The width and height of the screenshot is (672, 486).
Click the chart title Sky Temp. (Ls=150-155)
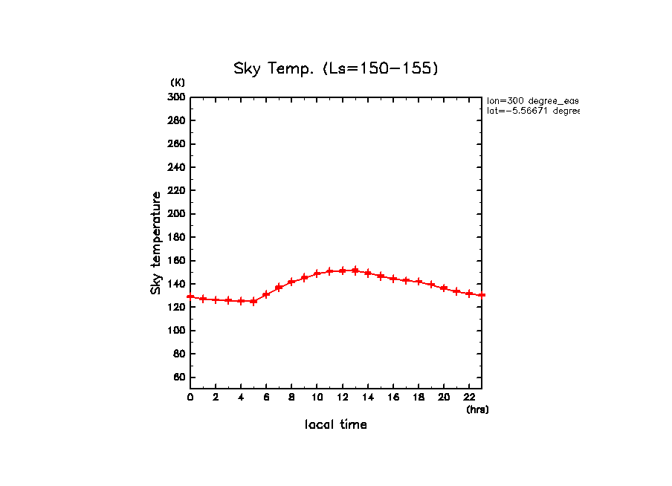click(x=336, y=69)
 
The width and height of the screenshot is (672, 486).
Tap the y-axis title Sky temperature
click(x=156, y=243)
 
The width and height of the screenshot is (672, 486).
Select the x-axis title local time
click(x=336, y=425)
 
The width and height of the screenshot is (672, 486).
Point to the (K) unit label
click(x=178, y=82)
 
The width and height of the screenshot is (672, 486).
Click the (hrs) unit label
click(x=477, y=409)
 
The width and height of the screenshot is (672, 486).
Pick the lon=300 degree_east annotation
click(x=532, y=100)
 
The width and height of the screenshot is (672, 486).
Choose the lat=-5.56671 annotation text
click(x=532, y=111)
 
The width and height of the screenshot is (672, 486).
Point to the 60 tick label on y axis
click(x=179, y=378)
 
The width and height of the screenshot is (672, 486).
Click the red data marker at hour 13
click(x=355, y=270)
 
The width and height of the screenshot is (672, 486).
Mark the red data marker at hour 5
click(x=253, y=301)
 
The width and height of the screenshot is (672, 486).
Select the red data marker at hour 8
click(x=291, y=282)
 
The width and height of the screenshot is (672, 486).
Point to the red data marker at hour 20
click(x=444, y=288)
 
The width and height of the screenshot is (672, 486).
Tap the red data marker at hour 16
click(x=393, y=279)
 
